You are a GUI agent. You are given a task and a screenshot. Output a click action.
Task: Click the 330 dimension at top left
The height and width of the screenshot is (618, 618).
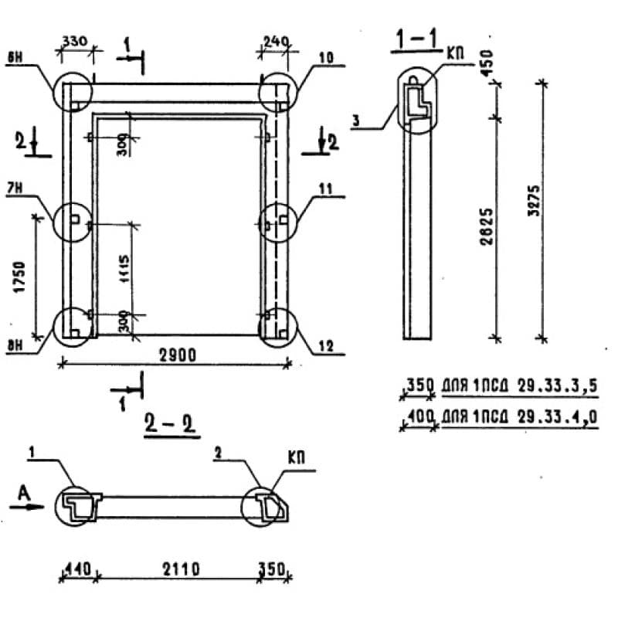click(75, 41)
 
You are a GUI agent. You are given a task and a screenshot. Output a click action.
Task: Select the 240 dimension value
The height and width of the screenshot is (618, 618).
click(275, 41)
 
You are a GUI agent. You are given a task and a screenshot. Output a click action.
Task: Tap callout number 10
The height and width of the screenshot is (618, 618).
click(325, 58)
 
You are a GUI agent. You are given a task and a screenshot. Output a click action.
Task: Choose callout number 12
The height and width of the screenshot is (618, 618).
click(325, 348)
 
